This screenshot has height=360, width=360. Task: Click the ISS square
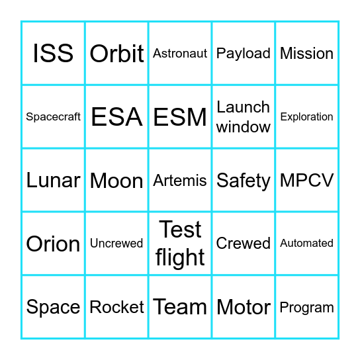53,53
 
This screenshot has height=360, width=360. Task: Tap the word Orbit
116,54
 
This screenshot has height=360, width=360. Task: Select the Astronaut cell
180,53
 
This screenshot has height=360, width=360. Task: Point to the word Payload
244,53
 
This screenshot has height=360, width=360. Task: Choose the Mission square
307,53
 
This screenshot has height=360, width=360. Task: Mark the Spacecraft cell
53,116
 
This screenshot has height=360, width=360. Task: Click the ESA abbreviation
116,117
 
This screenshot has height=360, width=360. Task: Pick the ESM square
180,117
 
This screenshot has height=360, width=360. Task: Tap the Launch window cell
244,116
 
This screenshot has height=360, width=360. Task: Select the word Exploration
307,116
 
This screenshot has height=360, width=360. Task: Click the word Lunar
53,180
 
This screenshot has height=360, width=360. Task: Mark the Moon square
116,181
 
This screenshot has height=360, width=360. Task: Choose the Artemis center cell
180,180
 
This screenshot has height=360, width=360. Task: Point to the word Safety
244,181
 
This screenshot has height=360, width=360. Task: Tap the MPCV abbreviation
307,180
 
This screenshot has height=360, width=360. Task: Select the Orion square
53,244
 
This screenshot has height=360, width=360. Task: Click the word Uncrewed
116,244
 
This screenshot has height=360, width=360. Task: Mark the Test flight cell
180,244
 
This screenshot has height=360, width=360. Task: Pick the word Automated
307,244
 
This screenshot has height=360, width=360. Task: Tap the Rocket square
116,307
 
